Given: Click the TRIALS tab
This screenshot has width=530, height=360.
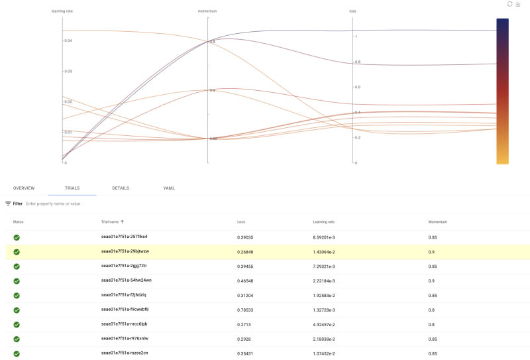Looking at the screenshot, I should (72, 188).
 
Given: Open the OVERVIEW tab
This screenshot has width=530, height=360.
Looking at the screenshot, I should (24, 188).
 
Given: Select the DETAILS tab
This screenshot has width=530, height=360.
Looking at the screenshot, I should (121, 188).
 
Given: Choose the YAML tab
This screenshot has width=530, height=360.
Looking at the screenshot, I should (169, 188).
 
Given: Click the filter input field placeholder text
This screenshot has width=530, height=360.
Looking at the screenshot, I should (53, 204).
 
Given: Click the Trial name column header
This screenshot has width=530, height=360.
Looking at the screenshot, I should (113, 221).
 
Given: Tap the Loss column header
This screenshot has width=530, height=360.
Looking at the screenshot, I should (241, 221).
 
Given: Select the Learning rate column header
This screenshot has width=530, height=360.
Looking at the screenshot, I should (324, 221).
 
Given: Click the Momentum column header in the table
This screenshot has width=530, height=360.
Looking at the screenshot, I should (439, 221).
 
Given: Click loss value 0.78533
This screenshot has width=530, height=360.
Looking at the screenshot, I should (246, 309).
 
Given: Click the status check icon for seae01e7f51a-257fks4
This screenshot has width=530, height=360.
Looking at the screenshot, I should (17, 237).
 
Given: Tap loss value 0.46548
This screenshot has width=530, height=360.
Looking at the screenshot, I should (246, 280).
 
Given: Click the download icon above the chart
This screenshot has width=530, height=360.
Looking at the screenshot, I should (518, 4).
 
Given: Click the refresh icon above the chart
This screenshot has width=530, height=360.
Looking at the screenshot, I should (509, 4).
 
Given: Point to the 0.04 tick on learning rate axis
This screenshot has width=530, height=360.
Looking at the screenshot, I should (68, 40).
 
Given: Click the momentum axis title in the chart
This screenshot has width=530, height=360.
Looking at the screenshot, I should (207, 11).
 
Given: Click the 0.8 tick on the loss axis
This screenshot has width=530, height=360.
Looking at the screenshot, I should (358, 62).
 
